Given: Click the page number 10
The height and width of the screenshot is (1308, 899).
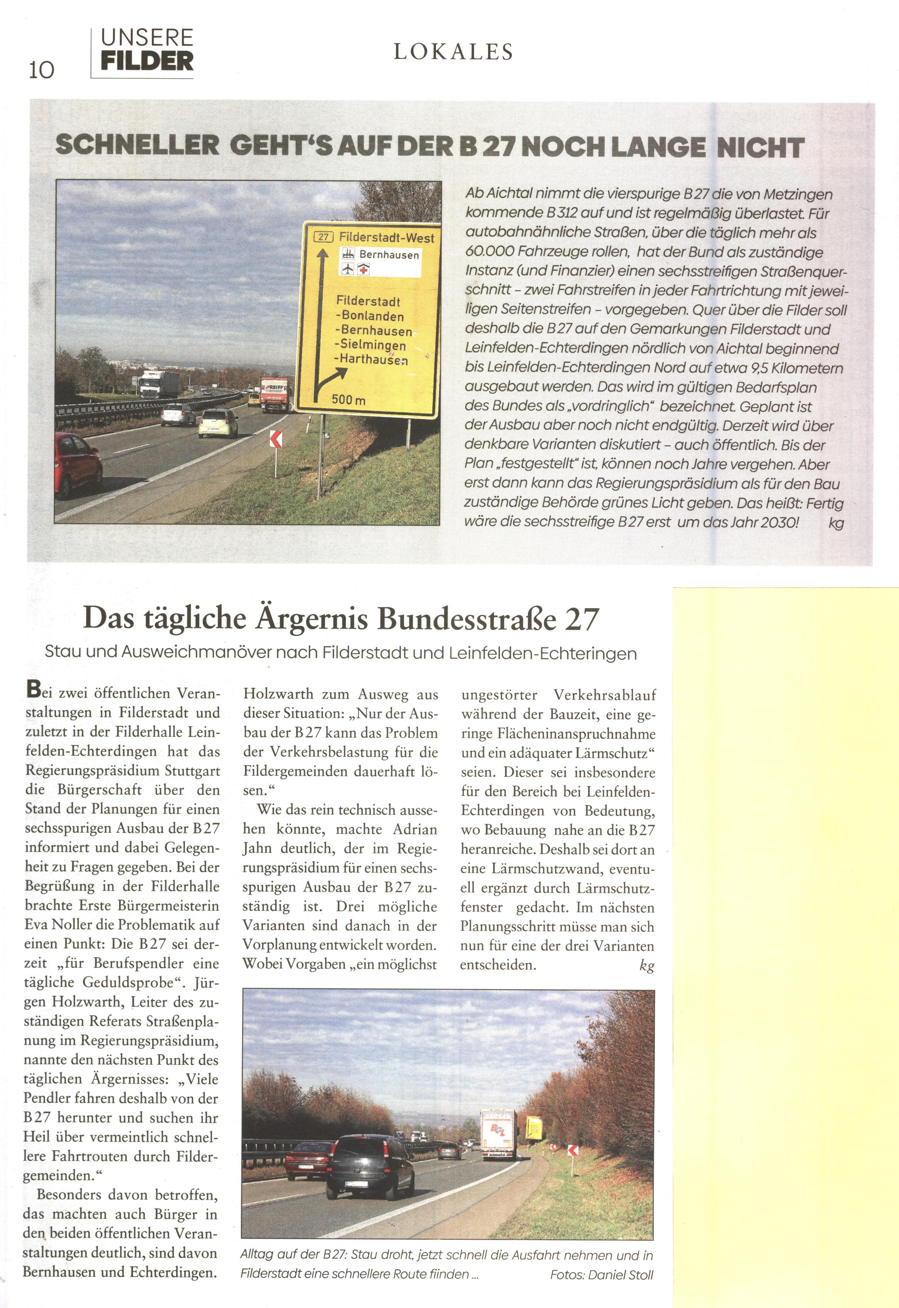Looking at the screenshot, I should coord(42,69).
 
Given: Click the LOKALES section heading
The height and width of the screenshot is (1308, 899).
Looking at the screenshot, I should coord(453,52).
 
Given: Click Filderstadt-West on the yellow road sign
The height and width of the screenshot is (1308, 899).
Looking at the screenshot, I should coord(386,238).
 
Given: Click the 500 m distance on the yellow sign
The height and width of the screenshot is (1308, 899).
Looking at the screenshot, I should coord(348,399).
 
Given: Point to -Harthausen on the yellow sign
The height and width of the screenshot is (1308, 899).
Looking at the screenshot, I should coord(371,359).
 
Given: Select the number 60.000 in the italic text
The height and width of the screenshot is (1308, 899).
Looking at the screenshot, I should coord(490,252).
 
